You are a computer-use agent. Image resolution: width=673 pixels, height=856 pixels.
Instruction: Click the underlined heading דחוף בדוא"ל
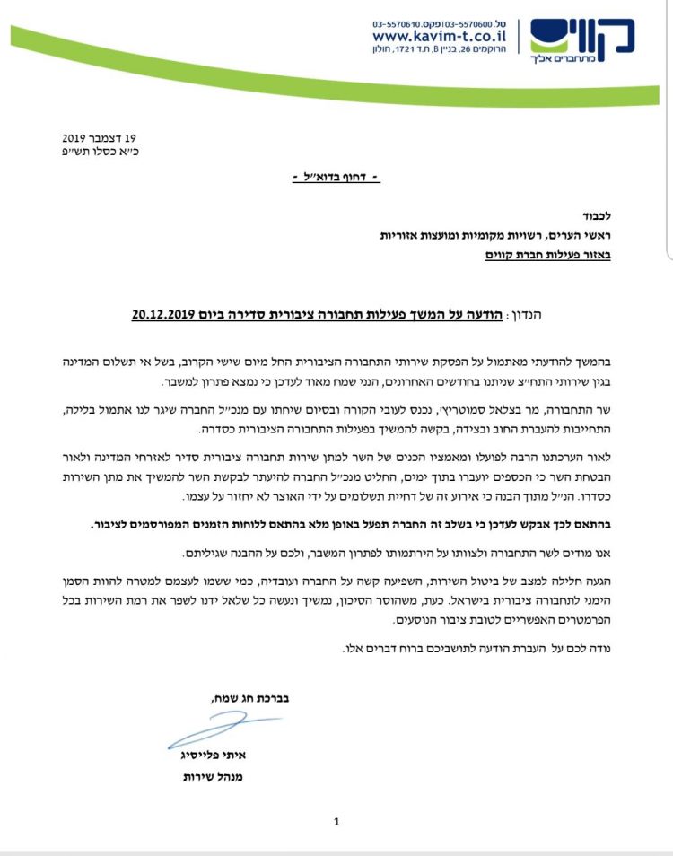pos(336,178)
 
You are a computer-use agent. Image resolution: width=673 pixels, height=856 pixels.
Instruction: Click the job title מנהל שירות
pos(213,776)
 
